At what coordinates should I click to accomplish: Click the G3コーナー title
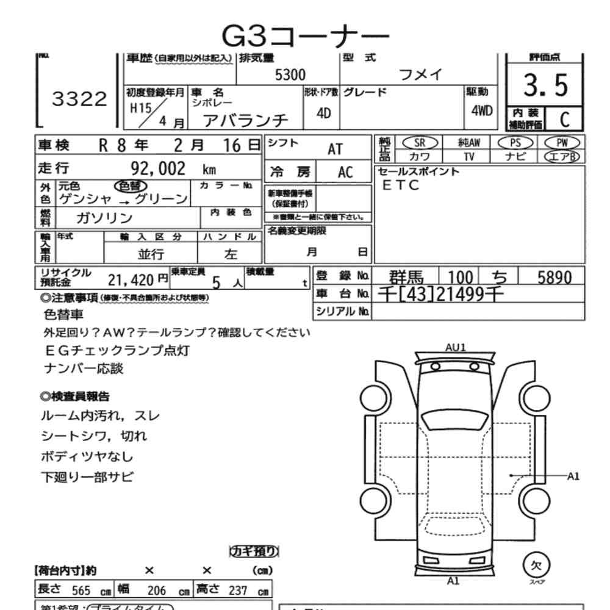pos(304,37)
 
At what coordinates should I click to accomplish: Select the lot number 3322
pos(79,99)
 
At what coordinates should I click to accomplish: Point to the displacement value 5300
pos(290,75)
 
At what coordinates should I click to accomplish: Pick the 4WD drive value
pos(482,111)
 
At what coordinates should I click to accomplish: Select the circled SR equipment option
pos(420,142)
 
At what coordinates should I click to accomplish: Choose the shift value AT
pos(335,149)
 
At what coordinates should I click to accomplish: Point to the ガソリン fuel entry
pos(104,218)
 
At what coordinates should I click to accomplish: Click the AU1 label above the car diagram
pos(455,347)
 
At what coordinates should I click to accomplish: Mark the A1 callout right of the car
pos(573,475)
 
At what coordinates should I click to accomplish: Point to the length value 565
pos(81,590)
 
